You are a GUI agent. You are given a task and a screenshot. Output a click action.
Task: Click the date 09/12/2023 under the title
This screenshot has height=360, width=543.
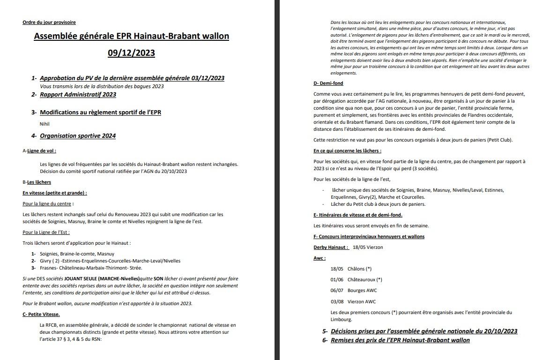coord(131,53)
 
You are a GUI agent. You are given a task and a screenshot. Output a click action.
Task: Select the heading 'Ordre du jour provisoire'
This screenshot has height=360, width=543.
coord(49,22)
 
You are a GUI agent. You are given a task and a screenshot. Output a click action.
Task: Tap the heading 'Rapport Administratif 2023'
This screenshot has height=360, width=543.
coord(78,95)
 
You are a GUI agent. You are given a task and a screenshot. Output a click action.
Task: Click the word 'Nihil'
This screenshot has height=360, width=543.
coord(45,124)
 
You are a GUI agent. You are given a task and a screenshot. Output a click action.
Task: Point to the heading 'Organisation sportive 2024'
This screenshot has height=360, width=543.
coord(78,136)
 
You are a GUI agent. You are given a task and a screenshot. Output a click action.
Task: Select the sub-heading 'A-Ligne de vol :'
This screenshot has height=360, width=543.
coord(39,151)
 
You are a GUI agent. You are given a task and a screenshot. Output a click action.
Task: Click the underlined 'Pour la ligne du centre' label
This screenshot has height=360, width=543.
coord(48,203)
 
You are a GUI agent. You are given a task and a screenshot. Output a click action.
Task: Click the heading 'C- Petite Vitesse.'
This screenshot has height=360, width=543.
coord(41,314)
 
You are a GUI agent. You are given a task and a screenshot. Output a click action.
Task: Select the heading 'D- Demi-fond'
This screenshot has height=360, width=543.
coord(328,83)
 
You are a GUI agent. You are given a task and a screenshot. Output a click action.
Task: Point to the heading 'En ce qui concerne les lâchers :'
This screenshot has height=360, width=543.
coord(347,151)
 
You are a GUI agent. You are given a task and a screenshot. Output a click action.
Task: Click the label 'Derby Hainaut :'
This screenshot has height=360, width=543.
coord(331,247)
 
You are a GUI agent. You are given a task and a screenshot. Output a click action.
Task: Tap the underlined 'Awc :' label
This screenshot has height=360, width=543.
coord(320,258)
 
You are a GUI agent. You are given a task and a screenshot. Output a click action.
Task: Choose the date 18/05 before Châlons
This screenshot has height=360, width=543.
coord(337,269)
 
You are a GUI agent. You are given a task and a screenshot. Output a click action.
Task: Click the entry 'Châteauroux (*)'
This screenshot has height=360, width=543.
coord(364,280)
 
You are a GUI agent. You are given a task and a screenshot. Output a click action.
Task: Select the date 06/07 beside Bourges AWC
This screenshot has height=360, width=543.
coord(337,291)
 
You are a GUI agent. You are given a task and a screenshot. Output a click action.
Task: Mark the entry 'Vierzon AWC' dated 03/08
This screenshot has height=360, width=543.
coord(362,301)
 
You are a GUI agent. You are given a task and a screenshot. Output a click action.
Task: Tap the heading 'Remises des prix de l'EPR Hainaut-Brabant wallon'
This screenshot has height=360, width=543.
coord(400,340)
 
